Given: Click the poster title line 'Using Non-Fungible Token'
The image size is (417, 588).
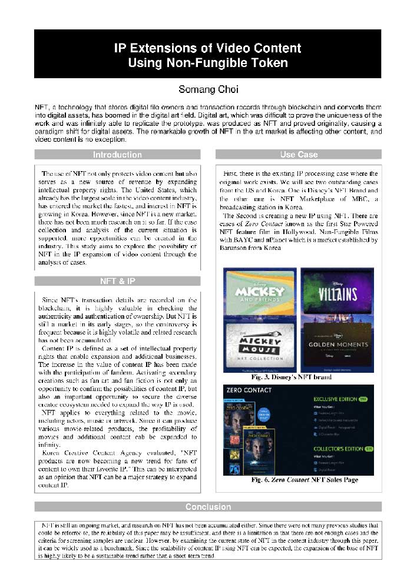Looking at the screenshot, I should point(208,63).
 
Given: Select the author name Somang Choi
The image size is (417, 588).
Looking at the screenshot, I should point(208,90).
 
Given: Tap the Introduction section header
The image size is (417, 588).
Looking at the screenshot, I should point(117,155).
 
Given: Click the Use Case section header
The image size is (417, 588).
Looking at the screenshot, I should point(299,155).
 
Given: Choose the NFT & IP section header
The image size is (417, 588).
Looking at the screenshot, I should point(117,281).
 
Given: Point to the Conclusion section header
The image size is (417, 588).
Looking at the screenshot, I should point(208,506).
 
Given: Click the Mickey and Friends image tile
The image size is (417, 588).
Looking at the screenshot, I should point(260,292).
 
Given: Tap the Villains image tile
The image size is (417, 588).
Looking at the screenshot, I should point(337,292).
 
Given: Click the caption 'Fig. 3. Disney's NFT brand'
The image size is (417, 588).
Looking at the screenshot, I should point(299,377).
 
